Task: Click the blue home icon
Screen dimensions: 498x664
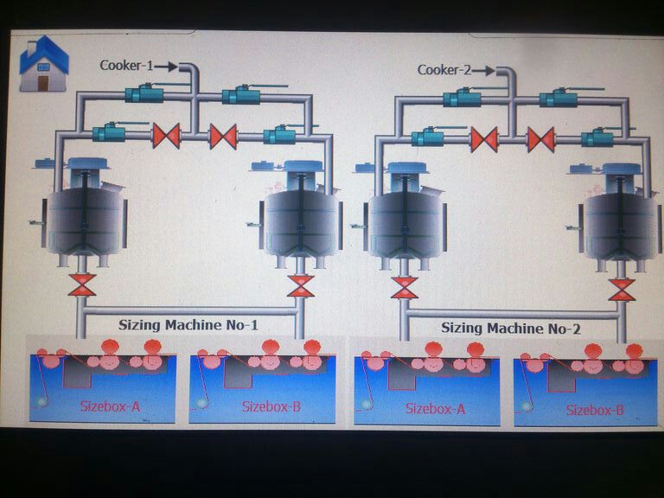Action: coord(43,64)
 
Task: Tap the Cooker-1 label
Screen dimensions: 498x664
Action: coord(125,65)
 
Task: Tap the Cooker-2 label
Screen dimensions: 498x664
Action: coord(444,70)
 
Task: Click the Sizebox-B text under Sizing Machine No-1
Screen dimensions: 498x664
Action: coord(271,405)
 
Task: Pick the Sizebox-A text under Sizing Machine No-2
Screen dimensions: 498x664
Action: coord(435,408)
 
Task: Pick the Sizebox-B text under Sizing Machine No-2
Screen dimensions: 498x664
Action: coord(595,409)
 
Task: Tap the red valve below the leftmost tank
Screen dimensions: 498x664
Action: coord(83,285)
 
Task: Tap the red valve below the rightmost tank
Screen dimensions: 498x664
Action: coord(621,290)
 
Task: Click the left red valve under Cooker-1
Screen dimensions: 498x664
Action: coord(166,136)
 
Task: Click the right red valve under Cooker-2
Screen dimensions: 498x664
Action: coord(541,139)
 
